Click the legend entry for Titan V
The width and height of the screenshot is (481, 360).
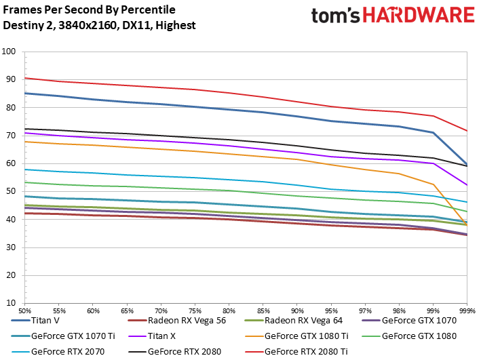[55, 320]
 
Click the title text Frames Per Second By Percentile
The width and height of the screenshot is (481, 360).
[89, 9]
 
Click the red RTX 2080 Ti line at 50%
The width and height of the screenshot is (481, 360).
[25, 78]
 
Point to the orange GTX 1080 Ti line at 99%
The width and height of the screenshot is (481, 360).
[432, 184]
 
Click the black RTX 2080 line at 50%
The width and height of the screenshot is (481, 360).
[25, 129]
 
